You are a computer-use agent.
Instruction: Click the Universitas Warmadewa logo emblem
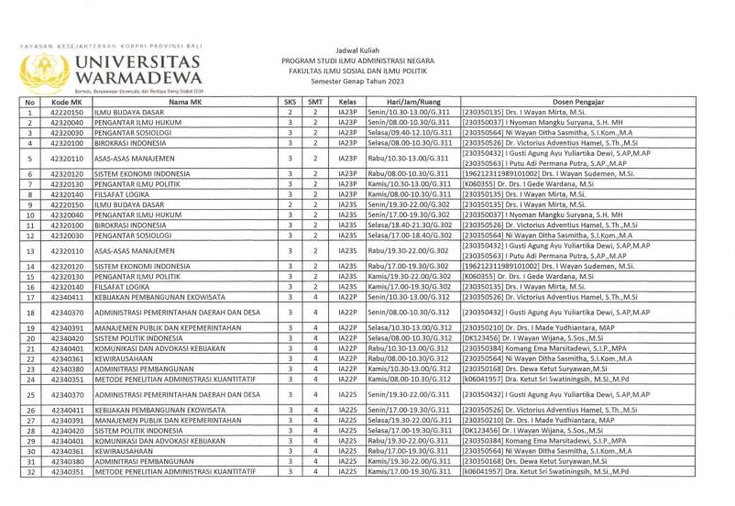tap(45, 71)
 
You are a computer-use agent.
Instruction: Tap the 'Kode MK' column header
tap(67, 102)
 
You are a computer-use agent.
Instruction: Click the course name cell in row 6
tap(133, 173)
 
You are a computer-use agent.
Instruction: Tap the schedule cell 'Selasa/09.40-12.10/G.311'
tap(409, 132)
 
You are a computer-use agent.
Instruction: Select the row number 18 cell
tap(30, 313)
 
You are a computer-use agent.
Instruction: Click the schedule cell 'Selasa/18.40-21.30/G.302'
tap(409, 225)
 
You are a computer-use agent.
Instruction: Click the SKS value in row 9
tap(291, 204)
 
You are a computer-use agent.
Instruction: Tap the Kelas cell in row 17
tap(347, 297)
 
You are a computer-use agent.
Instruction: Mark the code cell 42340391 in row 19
tap(67, 328)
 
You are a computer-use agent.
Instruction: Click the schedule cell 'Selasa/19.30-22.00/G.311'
tap(409, 421)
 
